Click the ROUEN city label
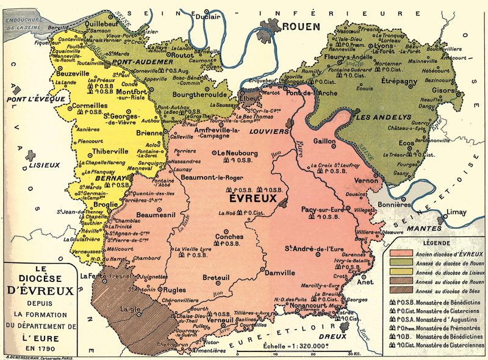[x=300, y=26]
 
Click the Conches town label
[x=229, y=237]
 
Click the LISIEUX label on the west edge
[x=45, y=164]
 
